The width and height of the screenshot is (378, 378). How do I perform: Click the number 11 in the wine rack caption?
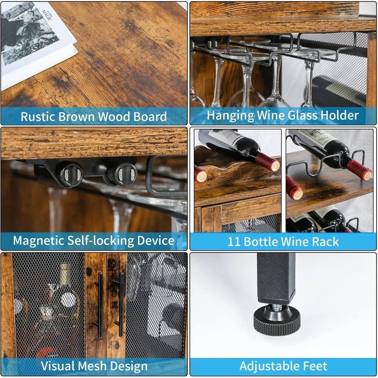234,242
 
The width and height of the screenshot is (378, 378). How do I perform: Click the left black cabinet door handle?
100,304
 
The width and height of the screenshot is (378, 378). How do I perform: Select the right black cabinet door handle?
121,304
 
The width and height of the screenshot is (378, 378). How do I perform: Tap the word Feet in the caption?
314,366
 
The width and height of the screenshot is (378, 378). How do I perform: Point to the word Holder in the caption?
338,115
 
